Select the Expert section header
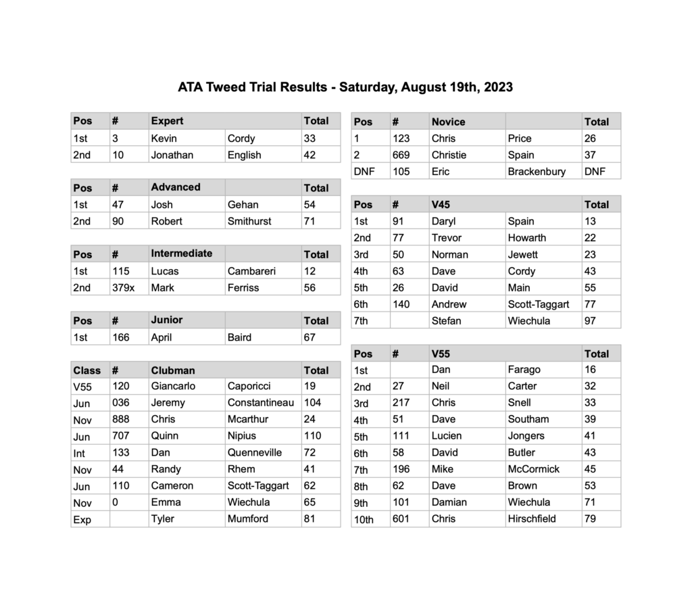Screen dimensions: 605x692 pos(167,121)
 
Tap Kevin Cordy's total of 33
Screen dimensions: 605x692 pos(310,138)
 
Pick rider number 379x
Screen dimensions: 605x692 pos(124,287)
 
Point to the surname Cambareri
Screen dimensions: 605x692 pos(252,271)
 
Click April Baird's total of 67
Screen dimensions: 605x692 pos(310,337)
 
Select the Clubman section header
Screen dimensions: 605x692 pos(173,370)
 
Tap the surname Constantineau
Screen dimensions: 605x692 pos(261,403)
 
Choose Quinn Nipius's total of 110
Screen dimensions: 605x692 pos(313,436)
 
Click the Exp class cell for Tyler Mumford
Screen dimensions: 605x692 pos(82,520)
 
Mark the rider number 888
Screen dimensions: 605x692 pos(122,419)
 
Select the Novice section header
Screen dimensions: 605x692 pos(449,122)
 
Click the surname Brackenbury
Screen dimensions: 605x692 pos(537,172)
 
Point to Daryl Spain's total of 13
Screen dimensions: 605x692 pos(590,221)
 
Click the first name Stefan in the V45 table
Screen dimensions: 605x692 pos(446,320)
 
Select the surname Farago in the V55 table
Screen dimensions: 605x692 pos(524,370)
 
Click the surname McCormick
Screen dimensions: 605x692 pos(534,469)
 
